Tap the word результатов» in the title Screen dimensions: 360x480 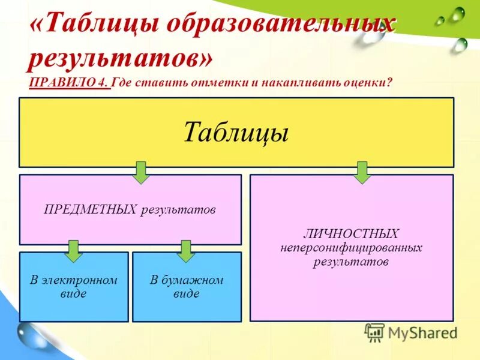[x=120, y=58]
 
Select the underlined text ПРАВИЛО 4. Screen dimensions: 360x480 [x=68, y=83]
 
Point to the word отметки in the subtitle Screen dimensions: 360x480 [x=213, y=83]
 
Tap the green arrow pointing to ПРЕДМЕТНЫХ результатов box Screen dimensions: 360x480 [x=140, y=172]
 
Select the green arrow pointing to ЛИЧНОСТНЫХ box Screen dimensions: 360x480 [x=361, y=172]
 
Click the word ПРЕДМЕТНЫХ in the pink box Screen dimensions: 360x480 [x=91, y=210]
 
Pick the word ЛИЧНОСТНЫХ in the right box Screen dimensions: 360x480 [x=351, y=233]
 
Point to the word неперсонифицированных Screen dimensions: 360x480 [x=351, y=248]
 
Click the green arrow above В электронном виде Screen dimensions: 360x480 [x=73, y=251]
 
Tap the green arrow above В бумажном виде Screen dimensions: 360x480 [x=186, y=251]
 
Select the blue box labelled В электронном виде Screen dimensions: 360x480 [x=74, y=287]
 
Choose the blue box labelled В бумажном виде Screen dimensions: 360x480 [x=187, y=287]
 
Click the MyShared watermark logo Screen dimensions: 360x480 [x=411, y=332]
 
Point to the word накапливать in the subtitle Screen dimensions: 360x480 [x=287, y=83]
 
